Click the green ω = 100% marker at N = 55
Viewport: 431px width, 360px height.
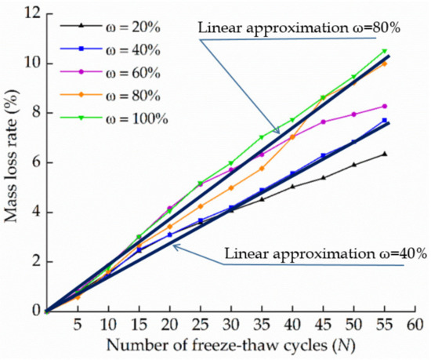[385, 51]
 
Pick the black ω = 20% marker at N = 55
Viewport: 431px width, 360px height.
[385, 154]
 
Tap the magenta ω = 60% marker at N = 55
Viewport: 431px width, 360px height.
[385, 106]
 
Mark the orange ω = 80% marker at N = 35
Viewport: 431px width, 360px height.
[262, 168]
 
